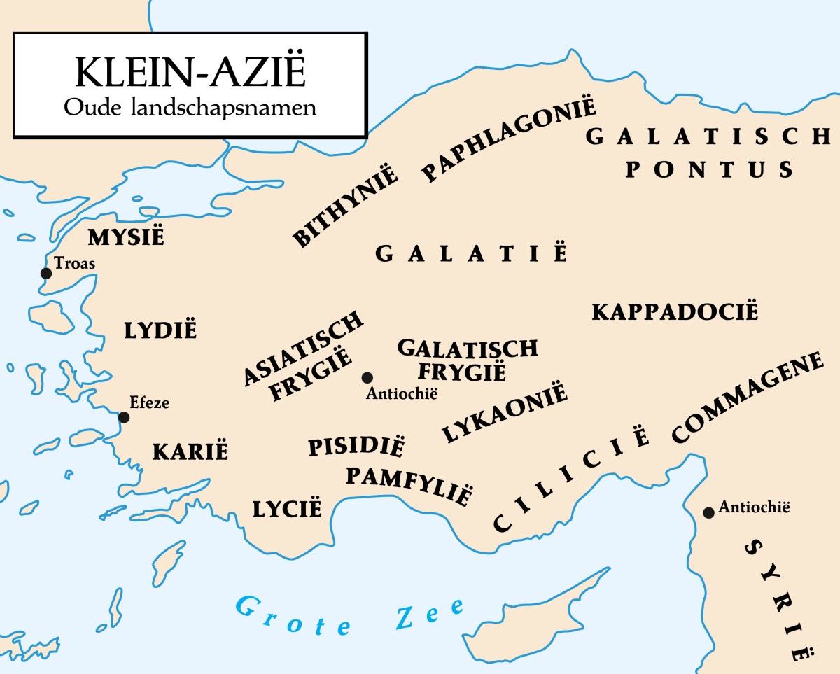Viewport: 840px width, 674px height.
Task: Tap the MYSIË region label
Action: (x=126, y=237)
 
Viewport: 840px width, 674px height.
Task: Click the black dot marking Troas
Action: (x=46, y=273)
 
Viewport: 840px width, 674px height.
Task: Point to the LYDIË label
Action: (x=161, y=330)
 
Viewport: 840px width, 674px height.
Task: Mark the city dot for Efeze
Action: (x=124, y=417)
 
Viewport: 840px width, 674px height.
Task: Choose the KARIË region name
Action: (x=190, y=451)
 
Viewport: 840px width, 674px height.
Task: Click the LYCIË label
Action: (x=287, y=507)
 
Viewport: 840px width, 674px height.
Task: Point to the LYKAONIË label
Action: (x=504, y=413)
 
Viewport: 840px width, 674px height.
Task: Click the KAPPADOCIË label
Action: (x=675, y=311)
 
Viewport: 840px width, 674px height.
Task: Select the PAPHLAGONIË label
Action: (x=509, y=141)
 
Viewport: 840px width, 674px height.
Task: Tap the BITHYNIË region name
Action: (x=345, y=207)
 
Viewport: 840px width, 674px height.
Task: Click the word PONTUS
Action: (x=710, y=169)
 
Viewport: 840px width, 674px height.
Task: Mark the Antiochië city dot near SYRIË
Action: (x=708, y=512)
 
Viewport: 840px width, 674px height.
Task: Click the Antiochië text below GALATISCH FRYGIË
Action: (x=402, y=393)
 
